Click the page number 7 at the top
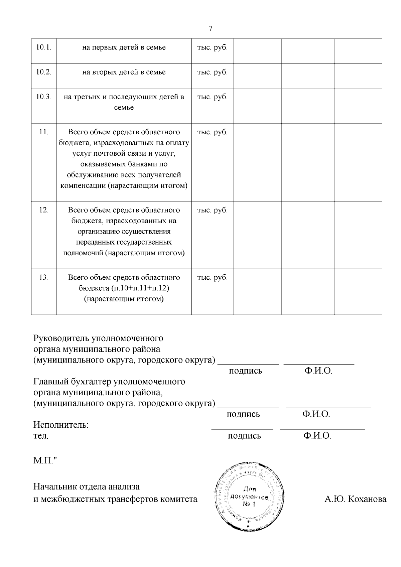point(210,29)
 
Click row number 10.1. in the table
point(44,47)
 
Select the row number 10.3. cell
point(44,97)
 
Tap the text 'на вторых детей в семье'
point(124,72)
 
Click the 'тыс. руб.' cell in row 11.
point(213,132)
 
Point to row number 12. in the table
point(44,210)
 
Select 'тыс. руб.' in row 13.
point(213,277)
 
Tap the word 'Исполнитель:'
point(61,425)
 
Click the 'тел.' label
point(41,436)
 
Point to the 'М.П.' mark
point(44,461)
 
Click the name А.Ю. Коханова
point(355,499)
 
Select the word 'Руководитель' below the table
point(61,338)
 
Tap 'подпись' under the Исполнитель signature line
point(244,436)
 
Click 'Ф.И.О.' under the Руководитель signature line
point(318,371)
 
